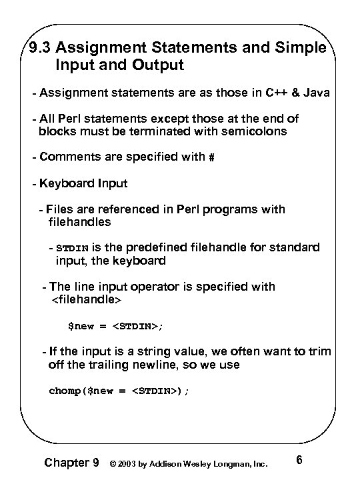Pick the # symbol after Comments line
211,157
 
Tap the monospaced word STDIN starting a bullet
72,249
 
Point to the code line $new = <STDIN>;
116,327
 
